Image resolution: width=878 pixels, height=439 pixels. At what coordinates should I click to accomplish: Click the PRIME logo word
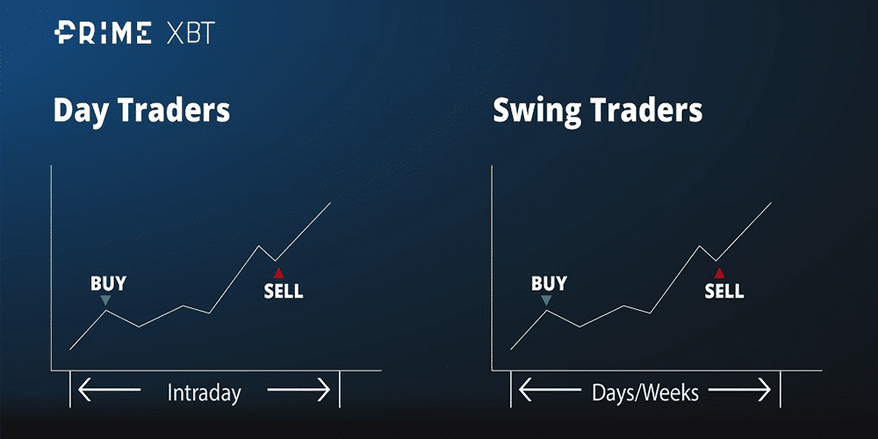103,32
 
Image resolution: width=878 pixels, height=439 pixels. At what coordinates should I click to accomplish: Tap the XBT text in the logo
191,33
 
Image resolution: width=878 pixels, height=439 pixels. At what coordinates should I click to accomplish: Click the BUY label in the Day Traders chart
108,284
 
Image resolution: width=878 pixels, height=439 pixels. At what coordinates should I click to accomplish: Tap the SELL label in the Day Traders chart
284,291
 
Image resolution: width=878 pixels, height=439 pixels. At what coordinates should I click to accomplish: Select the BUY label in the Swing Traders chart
549,284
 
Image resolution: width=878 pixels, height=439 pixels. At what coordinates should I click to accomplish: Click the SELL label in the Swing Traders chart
724,291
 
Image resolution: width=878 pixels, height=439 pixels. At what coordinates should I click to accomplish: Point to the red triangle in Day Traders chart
278,273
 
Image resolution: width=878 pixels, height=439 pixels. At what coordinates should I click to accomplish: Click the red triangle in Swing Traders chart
719,273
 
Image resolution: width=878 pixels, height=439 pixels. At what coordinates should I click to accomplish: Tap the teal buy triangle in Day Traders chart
105,300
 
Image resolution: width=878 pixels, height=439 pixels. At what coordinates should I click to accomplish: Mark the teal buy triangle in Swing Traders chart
546,300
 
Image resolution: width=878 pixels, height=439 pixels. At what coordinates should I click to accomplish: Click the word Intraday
204,393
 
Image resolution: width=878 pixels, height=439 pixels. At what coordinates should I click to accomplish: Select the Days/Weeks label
645,393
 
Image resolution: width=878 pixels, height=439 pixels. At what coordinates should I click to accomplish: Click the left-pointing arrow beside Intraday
109,390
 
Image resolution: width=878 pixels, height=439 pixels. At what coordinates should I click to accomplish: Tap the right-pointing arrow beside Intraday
299,390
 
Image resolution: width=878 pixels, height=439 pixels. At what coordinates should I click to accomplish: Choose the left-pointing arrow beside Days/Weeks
550,390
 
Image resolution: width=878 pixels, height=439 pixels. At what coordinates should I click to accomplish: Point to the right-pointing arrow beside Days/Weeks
739,390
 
